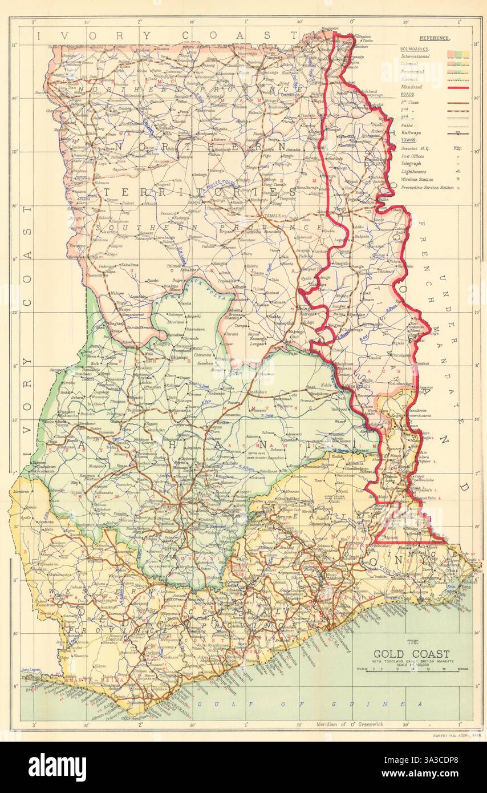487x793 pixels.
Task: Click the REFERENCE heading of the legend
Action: pyautogui.click(x=434, y=39)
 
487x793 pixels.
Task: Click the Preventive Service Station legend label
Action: pyautogui.click(x=427, y=187)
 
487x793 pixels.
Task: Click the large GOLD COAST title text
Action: pyautogui.click(x=411, y=654)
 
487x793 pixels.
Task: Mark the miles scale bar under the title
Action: pyautogui.click(x=412, y=671)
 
